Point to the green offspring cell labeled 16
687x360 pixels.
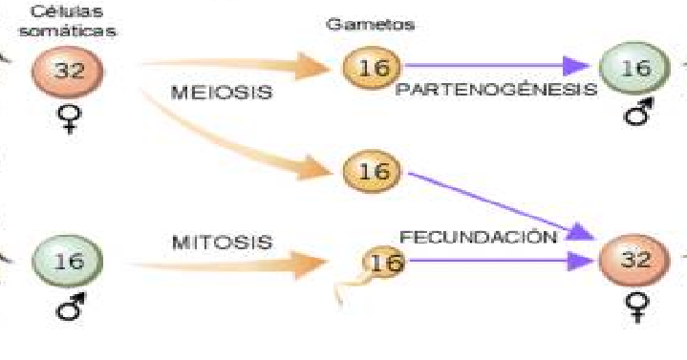point(629,68)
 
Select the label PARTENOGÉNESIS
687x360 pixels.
point(496,89)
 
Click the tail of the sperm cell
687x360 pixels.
point(344,291)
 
